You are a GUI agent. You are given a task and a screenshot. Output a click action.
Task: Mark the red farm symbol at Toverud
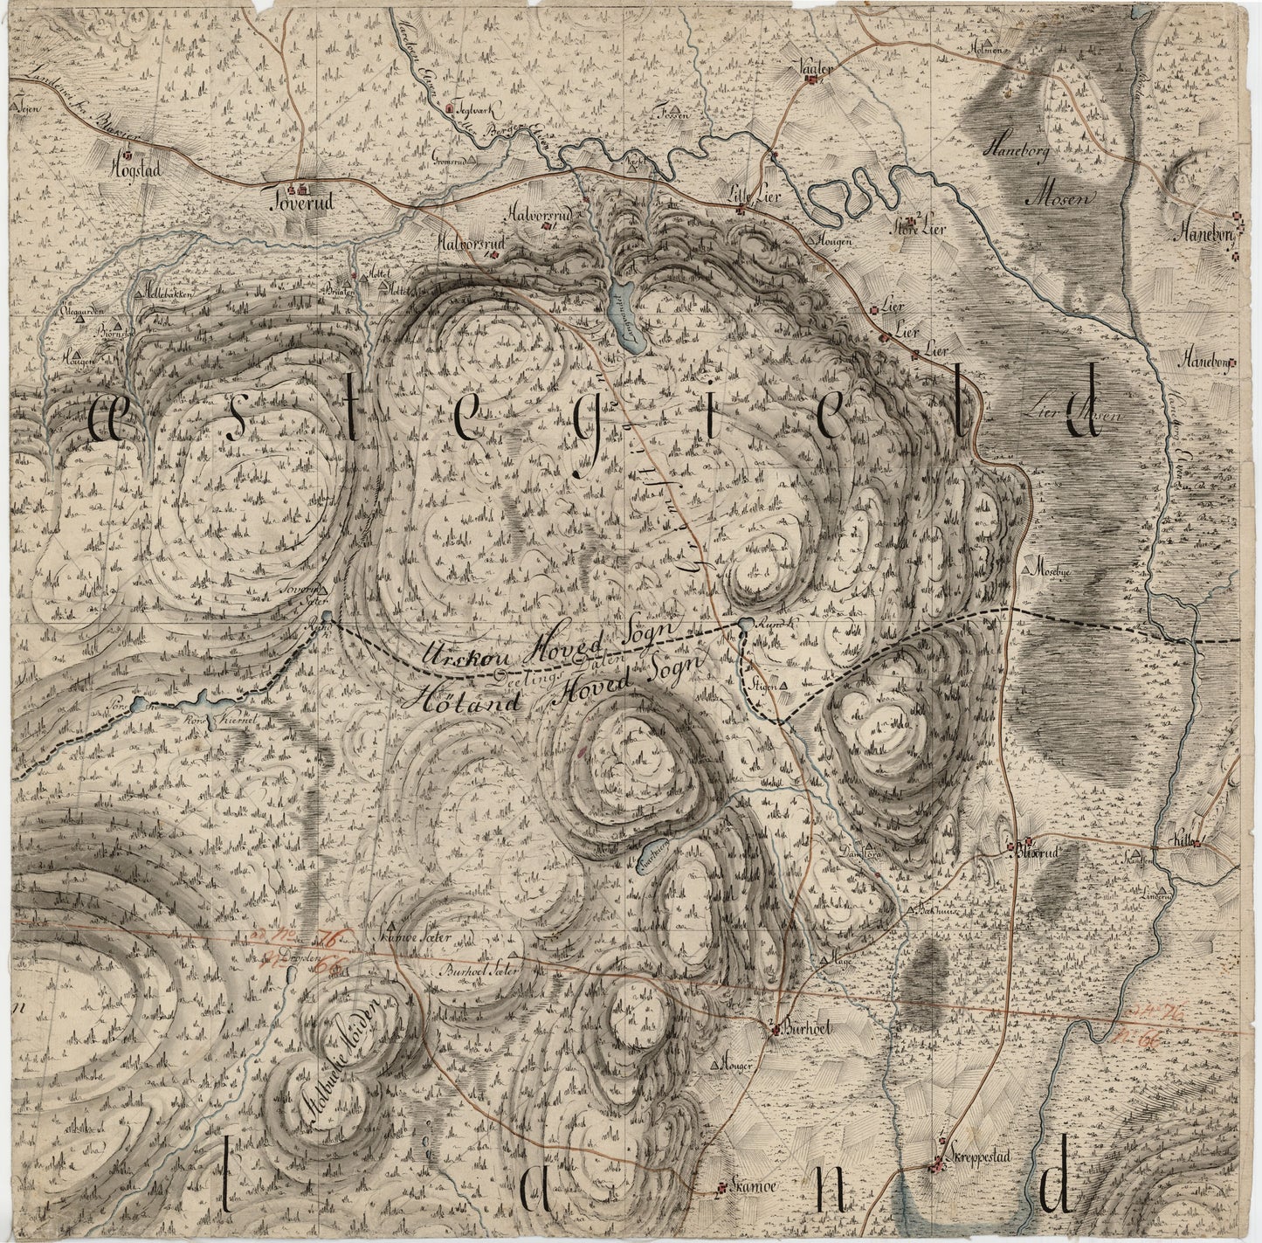(x=302, y=188)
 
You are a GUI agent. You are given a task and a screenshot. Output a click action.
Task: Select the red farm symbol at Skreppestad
(x=938, y=1164)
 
